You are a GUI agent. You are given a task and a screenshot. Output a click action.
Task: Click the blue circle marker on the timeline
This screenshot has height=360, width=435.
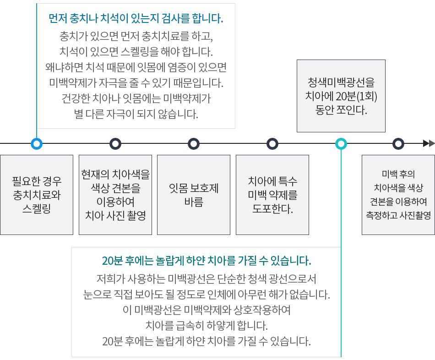click(x=36, y=139)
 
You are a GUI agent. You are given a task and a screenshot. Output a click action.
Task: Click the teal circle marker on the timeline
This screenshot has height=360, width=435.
click(x=341, y=139)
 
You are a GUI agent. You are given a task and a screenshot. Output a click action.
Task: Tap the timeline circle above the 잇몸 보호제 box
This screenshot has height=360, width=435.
click(x=194, y=139)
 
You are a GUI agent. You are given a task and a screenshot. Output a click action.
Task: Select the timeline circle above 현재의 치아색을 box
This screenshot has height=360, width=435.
click(x=115, y=139)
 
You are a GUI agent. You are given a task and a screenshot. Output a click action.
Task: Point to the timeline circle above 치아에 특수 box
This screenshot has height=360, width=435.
click(x=272, y=139)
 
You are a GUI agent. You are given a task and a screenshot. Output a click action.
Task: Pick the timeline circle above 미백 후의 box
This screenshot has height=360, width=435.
click(x=398, y=139)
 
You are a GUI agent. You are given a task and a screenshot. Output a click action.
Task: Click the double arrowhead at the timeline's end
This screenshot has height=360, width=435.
click(x=429, y=143)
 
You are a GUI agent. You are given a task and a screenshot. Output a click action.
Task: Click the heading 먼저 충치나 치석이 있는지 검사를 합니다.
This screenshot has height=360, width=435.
click(x=136, y=18)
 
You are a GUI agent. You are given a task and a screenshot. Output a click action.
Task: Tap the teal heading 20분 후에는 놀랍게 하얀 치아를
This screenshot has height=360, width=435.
click(x=207, y=261)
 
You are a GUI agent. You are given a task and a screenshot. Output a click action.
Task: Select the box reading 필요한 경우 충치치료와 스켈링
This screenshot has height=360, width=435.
click(x=37, y=195)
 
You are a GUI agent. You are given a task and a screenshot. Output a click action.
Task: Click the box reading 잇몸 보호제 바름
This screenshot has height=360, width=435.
click(x=194, y=195)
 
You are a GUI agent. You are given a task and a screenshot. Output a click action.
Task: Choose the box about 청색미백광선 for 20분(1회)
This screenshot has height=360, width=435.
click(x=341, y=96)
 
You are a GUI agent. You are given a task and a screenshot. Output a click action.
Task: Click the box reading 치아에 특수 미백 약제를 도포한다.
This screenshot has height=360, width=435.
click(x=272, y=195)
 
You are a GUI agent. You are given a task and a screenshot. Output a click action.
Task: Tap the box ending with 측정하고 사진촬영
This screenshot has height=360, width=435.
click(x=398, y=195)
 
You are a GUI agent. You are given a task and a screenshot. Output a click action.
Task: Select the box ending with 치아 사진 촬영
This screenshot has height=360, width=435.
click(x=115, y=195)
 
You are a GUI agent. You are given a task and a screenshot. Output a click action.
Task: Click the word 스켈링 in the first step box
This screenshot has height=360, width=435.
click(x=37, y=208)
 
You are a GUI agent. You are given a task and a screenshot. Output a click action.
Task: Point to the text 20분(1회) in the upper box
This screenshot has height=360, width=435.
click(x=356, y=96)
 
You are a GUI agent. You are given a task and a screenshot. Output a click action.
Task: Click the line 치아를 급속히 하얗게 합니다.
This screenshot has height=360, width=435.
click(x=207, y=325)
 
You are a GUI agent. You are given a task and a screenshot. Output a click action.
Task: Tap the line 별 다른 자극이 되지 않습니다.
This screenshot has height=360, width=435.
click(x=136, y=114)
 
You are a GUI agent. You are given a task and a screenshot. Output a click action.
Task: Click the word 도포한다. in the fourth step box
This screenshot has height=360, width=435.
click(x=272, y=208)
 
